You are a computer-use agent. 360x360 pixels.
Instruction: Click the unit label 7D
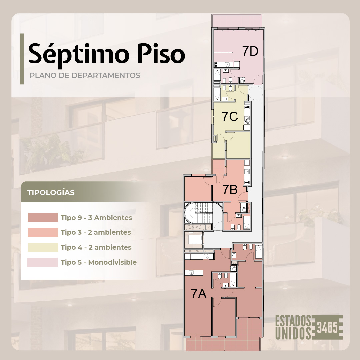pyautogui.click(x=250, y=51)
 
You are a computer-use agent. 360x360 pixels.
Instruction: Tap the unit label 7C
pyautogui.click(x=230, y=116)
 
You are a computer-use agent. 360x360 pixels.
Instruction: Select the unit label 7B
pyautogui.click(x=230, y=189)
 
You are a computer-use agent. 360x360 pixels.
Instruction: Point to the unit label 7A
pyautogui.click(x=199, y=294)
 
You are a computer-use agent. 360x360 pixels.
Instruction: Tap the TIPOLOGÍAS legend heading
pyautogui.click(x=51, y=192)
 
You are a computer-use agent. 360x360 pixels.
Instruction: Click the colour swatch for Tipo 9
pyautogui.click(x=43, y=217)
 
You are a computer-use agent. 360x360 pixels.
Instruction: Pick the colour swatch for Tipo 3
pyautogui.click(x=43, y=232)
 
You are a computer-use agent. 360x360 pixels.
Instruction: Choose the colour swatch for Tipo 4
pyautogui.click(x=43, y=247)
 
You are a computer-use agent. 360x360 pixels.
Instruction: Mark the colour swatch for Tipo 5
pyautogui.click(x=42, y=262)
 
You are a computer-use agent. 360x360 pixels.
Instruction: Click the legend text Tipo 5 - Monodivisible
pyautogui.click(x=99, y=262)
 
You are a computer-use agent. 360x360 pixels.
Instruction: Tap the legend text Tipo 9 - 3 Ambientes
pyautogui.click(x=96, y=218)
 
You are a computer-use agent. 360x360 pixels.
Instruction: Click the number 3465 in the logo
pyautogui.click(x=327, y=327)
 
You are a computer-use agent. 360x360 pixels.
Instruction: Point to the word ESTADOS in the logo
pyautogui.click(x=293, y=321)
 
